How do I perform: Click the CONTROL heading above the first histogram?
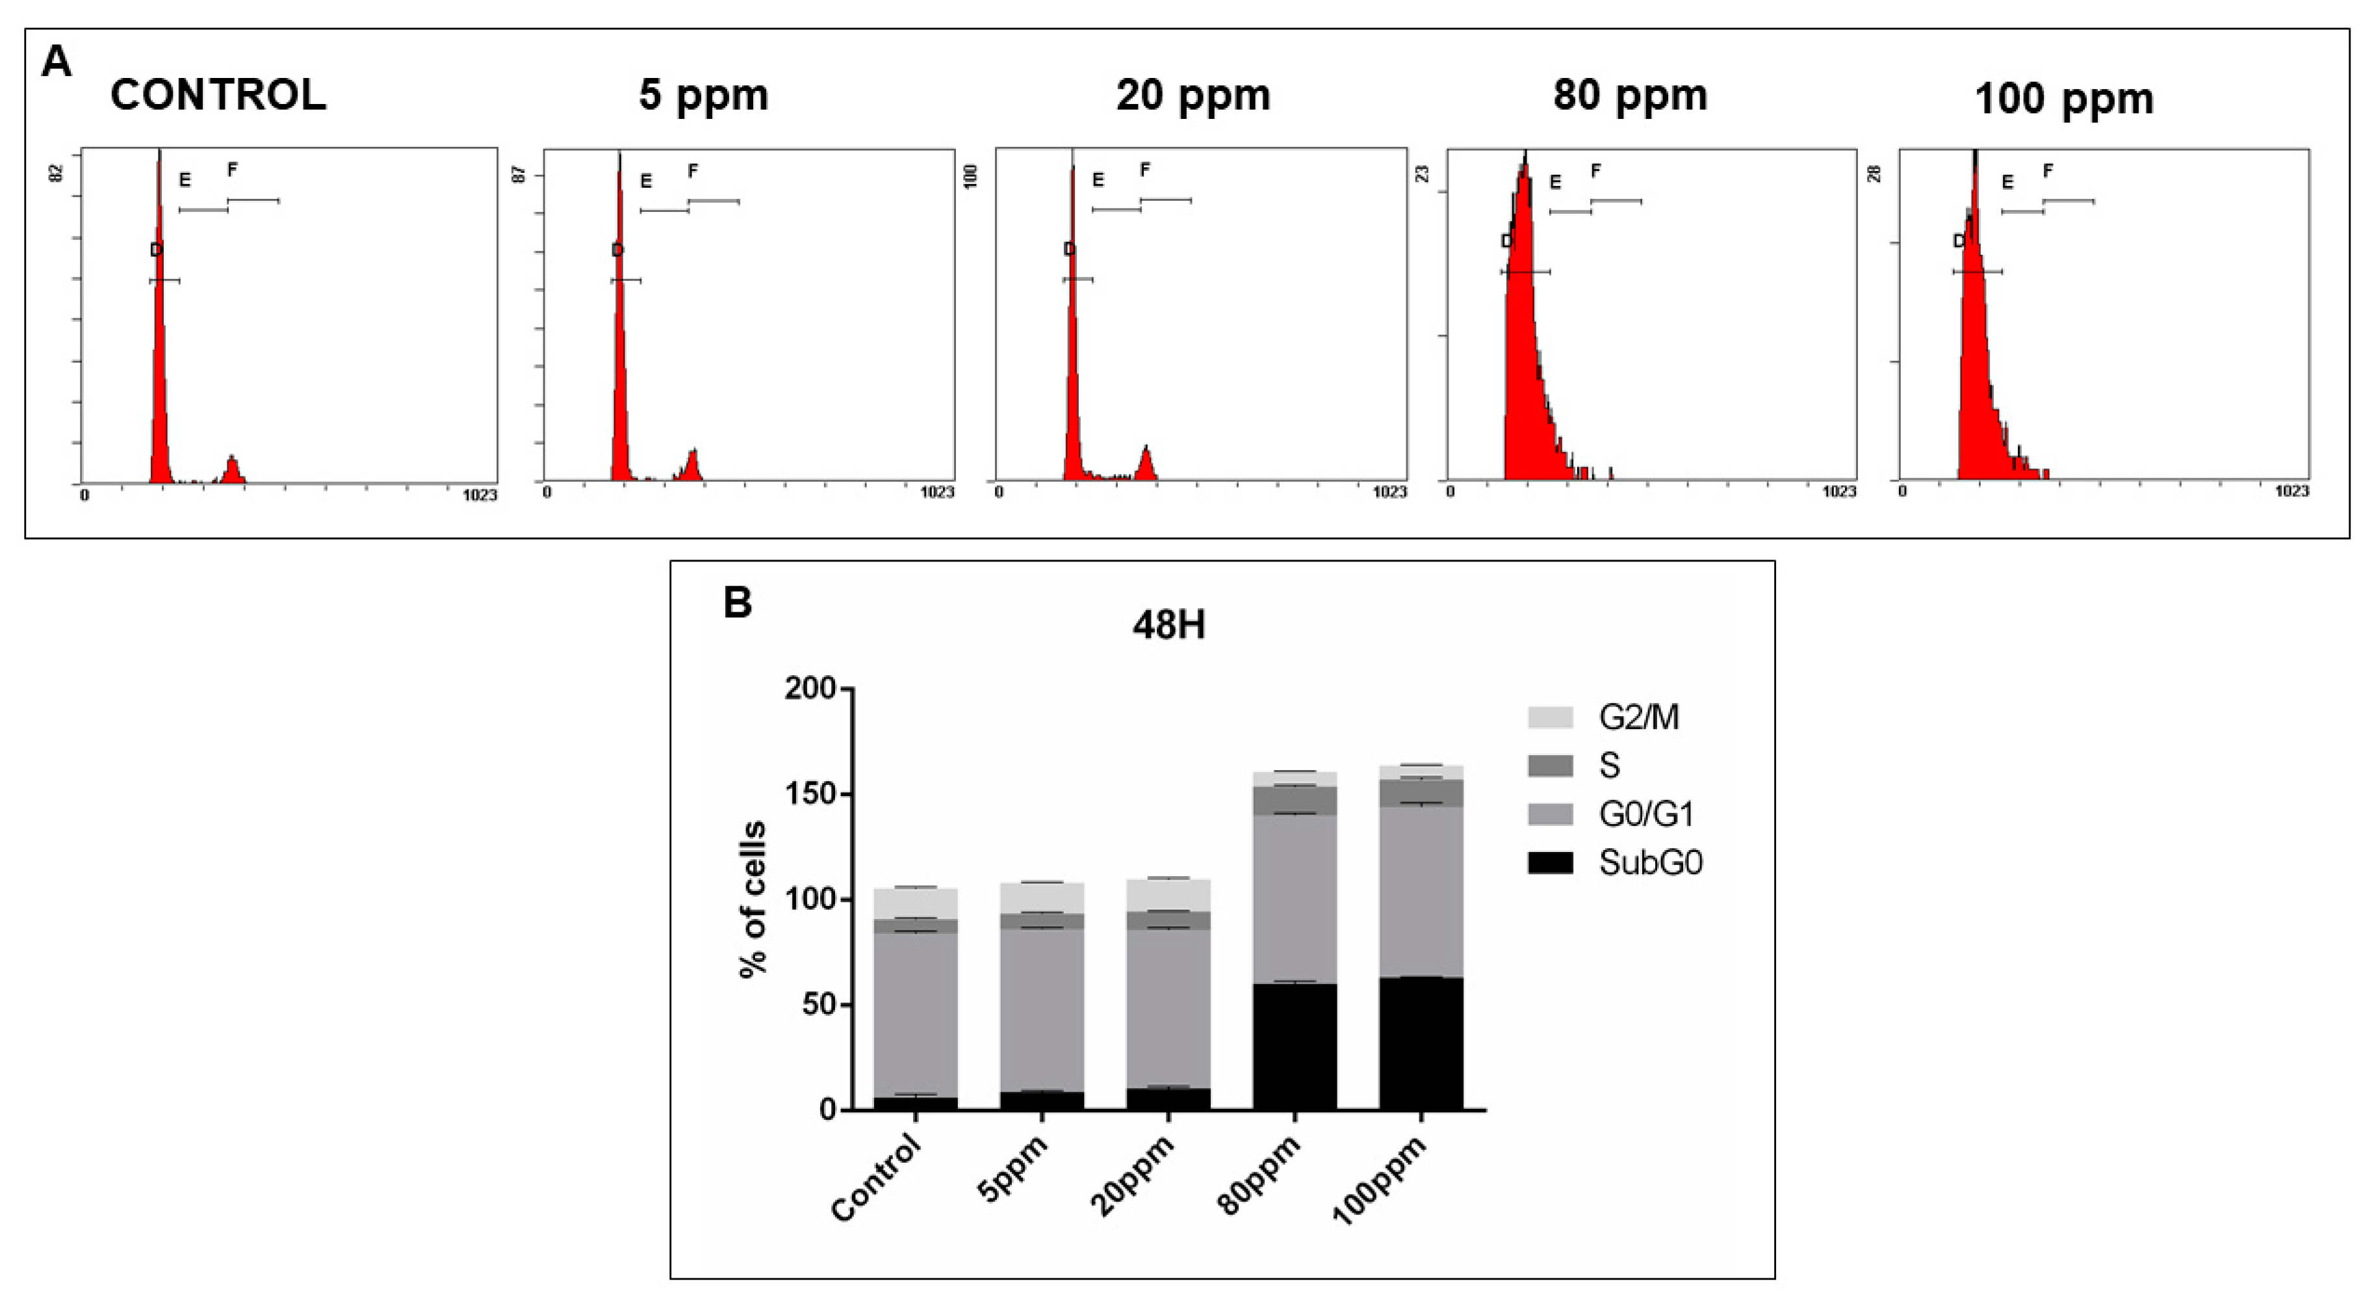click(218, 95)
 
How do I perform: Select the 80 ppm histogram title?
click(1630, 95)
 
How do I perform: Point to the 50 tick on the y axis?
click(818, 1005)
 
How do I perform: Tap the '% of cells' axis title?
click(753, 899)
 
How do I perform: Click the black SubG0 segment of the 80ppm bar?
click(1295, 1047)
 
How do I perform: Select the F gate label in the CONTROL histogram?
click(233, 170)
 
